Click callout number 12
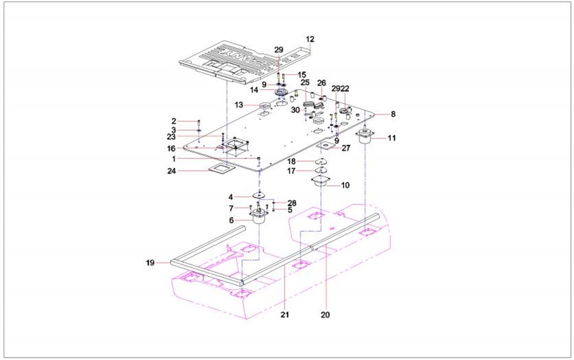[310, 40]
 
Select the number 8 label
[393, 114]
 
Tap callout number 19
[150, 263]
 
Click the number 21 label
[285, 315]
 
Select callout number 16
[172, 148]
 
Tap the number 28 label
[291, 203]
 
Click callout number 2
[173, 121]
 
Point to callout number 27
[346, 148]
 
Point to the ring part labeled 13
[264, 105]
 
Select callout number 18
[291, 161]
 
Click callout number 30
[296, 110]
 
